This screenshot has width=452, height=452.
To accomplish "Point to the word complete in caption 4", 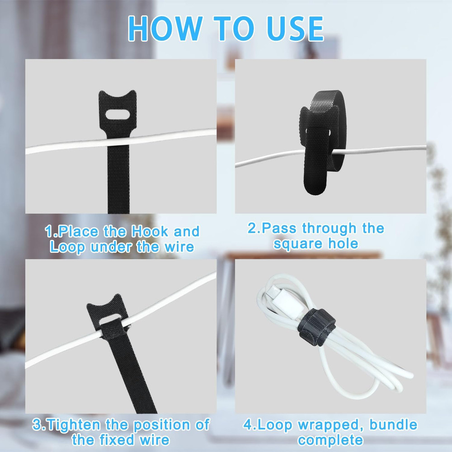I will pos(330,439).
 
